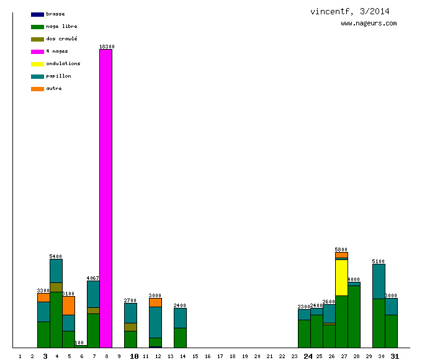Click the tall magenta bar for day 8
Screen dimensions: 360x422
click(x=105, y=199)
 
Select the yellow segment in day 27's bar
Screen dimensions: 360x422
click(x=341, y=277)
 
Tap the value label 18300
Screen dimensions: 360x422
click(x=106, y=47)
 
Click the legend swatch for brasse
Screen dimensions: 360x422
click(x=37, y=14)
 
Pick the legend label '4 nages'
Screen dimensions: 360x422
click(x=57, y=51)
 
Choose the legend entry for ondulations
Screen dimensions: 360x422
click(x=63, y=63)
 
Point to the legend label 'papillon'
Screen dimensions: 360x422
click(x=58, y=76)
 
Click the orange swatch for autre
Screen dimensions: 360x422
click(x=37, y=89)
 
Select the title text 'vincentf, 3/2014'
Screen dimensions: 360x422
click(x=350, y=12)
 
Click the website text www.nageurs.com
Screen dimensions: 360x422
click(x=369, y=24)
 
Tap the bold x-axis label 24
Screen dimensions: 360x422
click(x=308, y=356)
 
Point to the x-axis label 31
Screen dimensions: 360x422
click(x=395, y=356)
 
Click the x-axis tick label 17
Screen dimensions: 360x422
click(x=220, y=356)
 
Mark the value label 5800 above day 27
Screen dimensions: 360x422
click(x=341, y=250)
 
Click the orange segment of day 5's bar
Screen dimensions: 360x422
click(x=68, y=305)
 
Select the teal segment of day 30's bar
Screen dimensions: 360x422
click(x=379, y=281)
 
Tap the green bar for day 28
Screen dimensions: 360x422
click(x=354, y=317)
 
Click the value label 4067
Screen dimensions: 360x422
click(x=93, y=278)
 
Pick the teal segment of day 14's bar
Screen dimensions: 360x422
click(x=180, y=318)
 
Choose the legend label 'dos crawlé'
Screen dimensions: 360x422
click(x=61, y=38)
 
